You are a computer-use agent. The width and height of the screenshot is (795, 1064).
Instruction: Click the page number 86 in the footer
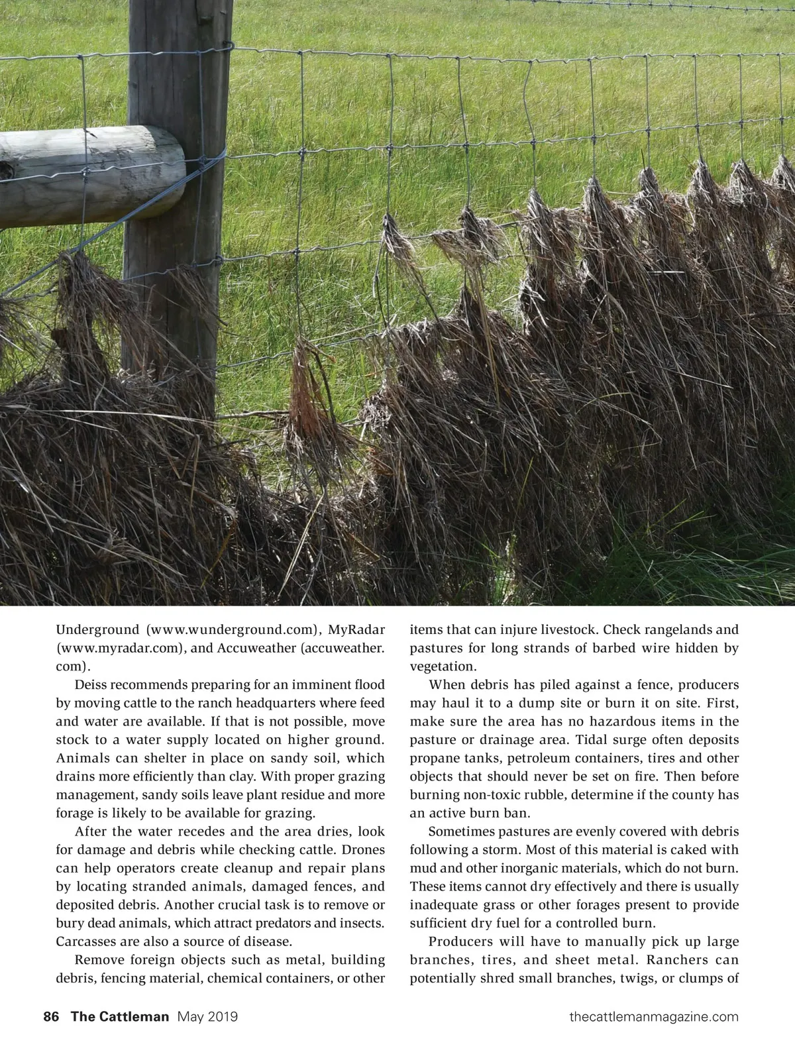pos(51,1035)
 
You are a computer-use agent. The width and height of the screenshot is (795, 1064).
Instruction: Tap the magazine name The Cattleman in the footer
pos(120,1035)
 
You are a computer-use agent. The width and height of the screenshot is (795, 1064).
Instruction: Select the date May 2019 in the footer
pos(208,1035)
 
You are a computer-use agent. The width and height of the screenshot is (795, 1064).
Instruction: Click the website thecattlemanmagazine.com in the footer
pos(653,1035)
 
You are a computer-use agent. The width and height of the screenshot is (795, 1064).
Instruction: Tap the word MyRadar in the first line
pos(357,629)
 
